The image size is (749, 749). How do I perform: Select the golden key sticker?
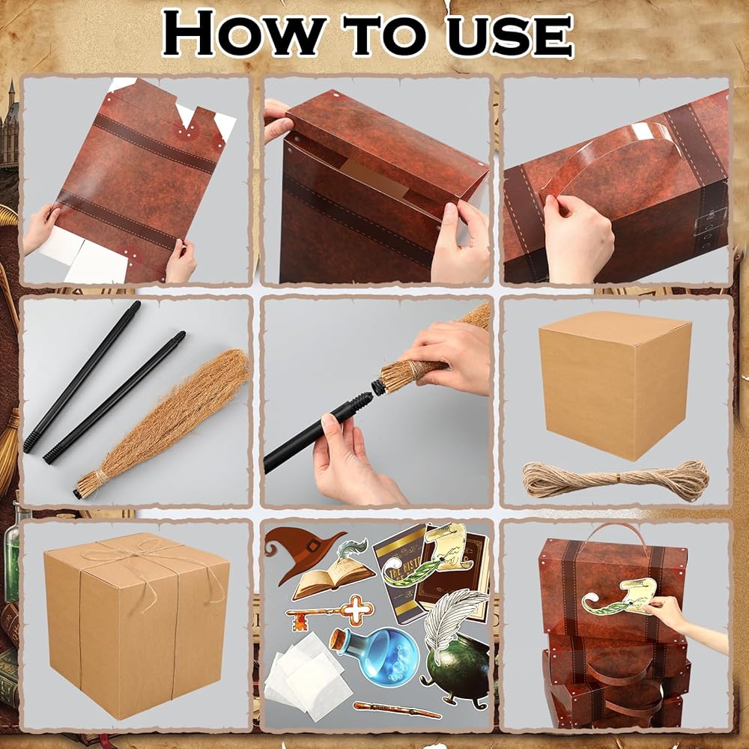(x=330, y=610)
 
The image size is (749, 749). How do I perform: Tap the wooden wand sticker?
(x=397, y=710)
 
